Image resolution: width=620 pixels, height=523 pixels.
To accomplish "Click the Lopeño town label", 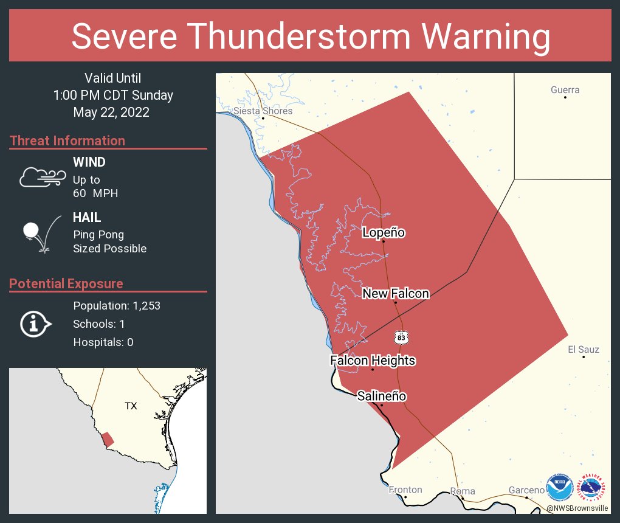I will point(383,232).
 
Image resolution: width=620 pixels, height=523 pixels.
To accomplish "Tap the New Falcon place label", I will point(396,294).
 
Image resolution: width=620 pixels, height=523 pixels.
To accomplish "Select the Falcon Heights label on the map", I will point(373,361).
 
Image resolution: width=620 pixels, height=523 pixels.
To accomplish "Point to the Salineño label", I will point(381,397).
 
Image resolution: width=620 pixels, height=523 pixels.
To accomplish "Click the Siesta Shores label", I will point(263,111).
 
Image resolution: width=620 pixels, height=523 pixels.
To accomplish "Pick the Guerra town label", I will point(565,90).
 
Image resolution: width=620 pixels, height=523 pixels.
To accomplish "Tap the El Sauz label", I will point(583,349).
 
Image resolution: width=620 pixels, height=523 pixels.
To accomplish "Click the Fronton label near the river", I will point(405,490).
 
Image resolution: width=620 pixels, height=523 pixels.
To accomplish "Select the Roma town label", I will point(463,491).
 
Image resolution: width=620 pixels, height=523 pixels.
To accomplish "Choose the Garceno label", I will point(526,490).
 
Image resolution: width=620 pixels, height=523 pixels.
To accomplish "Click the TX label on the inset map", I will point(131,406).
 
